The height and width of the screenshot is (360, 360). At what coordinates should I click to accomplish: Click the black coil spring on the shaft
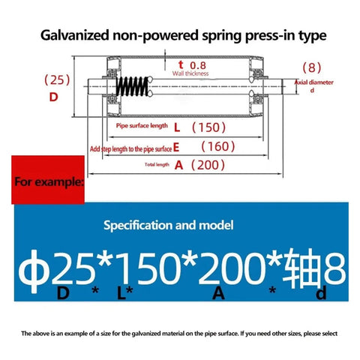pos(133,86)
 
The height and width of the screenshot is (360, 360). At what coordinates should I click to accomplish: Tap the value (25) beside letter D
pos(57,80)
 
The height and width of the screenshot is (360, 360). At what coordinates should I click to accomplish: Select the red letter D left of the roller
pos(54,97)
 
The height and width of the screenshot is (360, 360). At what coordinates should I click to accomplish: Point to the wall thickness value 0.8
pos(198,65)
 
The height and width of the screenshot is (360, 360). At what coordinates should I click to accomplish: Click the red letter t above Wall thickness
pos(181,64)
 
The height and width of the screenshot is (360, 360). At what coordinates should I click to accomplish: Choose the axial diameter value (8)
pos(312,67)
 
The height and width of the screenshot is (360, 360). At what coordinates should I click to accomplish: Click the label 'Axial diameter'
pos(314,82)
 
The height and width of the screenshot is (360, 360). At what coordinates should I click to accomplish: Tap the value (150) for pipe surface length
pos(208,127)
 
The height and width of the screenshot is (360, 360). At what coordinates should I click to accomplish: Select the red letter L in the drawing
pos(177,127)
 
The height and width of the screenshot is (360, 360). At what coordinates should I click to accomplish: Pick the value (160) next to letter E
pos(218,146)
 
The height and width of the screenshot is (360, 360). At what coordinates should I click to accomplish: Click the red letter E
pos(176,148)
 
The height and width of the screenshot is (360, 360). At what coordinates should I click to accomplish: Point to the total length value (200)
pos(208,165)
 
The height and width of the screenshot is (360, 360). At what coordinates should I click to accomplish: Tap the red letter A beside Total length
pos(179,165)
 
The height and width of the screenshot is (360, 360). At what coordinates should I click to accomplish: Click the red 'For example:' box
pos(48,180)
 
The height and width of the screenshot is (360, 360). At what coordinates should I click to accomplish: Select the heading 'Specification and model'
pos(169,225)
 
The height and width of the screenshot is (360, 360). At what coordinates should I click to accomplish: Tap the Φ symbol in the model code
pos(32,271)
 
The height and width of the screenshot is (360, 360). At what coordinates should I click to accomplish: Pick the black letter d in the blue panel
pos(321,293)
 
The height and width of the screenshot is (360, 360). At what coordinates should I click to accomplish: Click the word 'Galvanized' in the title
pos(75,35)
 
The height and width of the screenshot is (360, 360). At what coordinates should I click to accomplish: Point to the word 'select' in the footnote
pos(328,334)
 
